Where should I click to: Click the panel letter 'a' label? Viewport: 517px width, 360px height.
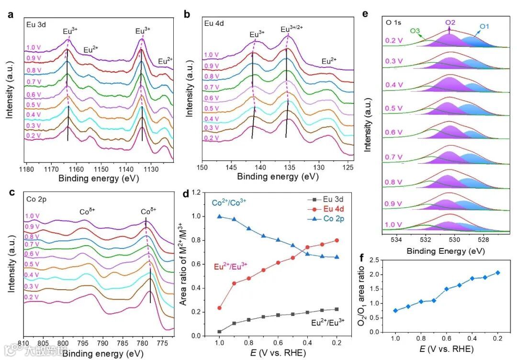coord(10,14)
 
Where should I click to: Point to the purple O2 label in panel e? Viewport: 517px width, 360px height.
coord(450,22)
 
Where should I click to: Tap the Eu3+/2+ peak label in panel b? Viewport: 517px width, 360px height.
coord(292,28)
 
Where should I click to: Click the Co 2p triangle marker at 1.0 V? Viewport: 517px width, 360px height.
coord(219,216)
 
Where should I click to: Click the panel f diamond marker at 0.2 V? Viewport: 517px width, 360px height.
coord(497,272)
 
